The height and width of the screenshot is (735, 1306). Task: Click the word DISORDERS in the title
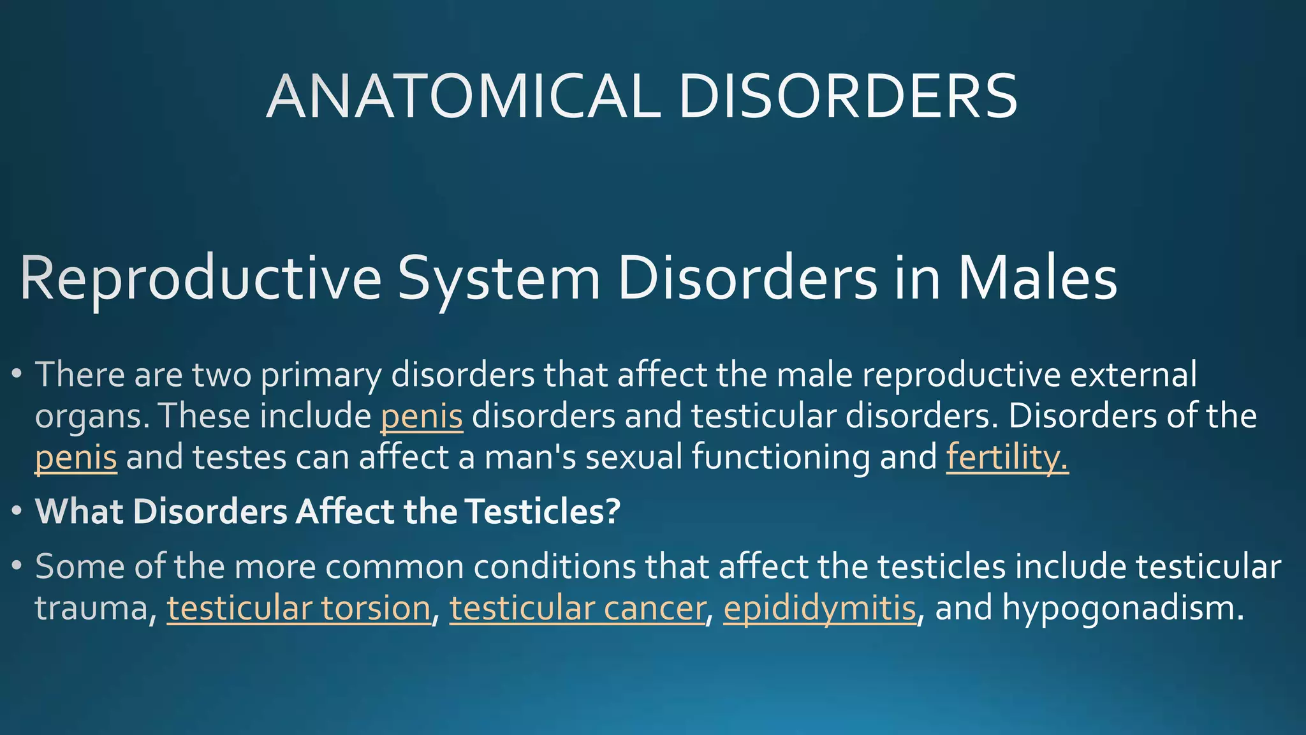[848, 97]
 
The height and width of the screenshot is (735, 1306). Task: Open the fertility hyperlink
[1007, 457]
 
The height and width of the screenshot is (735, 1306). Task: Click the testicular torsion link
[298, 608]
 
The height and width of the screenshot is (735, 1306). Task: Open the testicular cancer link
[577, 608]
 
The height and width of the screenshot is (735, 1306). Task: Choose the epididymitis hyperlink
[819, 608]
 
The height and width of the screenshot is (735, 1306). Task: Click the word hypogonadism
[1122, 608]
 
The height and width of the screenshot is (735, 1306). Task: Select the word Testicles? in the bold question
[542, 512]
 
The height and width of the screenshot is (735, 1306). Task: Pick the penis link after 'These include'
[422, 417]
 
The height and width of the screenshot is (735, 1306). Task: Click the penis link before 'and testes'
[76, 457]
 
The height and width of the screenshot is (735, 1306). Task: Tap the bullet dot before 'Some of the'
[17, 565]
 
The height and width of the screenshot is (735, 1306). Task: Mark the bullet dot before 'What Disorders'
[17, 511]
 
